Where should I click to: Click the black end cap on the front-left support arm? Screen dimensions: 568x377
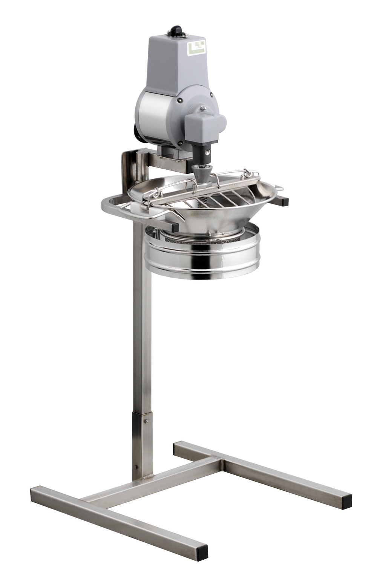(x=174, y=227)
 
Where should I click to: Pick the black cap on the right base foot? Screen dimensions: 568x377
(x=346, y=501)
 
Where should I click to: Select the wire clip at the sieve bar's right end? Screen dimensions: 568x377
(x=251, y=173)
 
